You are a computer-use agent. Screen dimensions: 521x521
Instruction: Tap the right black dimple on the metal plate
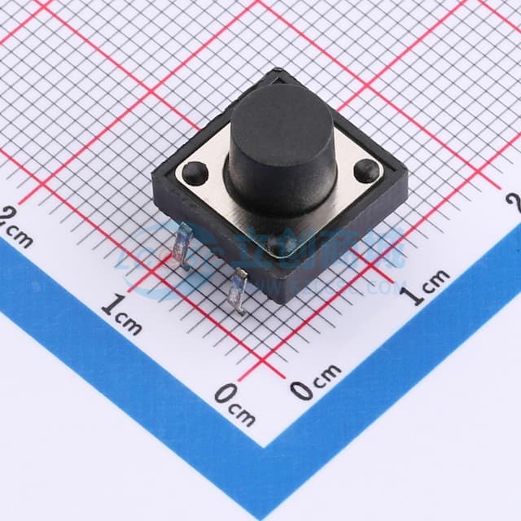(367, 170)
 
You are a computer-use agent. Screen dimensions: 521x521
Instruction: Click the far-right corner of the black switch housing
(407, 186)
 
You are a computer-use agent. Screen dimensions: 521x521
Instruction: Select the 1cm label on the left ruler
(122, 314)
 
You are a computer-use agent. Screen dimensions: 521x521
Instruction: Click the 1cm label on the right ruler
(428, 286)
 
